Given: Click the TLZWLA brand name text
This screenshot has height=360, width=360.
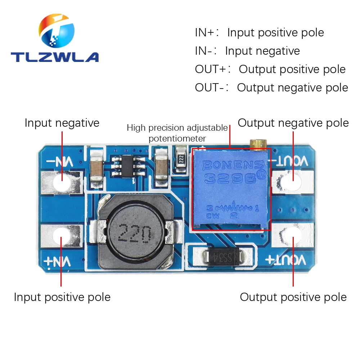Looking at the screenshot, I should point(54,57).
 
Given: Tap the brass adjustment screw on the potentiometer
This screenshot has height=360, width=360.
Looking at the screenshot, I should point(258,144).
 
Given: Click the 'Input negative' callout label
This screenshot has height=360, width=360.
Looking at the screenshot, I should point(62,123).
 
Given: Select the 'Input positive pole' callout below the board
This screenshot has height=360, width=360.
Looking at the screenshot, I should point(62,297).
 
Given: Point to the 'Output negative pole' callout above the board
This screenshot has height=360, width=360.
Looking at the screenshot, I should point(293,123).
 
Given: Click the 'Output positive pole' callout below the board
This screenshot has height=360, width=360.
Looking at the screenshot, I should point(293,297).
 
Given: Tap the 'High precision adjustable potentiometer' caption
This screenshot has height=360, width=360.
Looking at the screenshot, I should point(177,133).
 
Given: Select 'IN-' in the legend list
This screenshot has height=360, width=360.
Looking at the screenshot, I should point(203,51).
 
